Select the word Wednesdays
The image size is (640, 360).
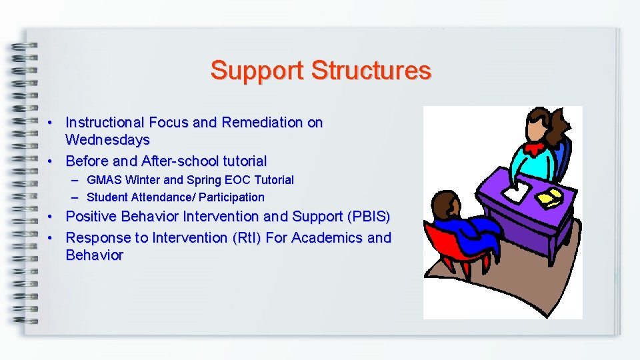107,140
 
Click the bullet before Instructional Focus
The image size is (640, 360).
50,123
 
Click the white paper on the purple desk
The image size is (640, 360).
514,195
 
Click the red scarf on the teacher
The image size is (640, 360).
533,148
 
